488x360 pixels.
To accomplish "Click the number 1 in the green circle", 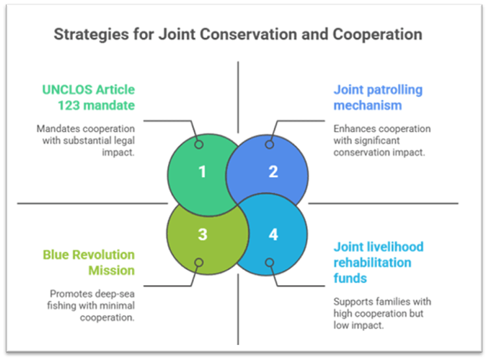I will tap(202, 172).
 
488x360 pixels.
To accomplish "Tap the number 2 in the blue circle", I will tap(273, 172).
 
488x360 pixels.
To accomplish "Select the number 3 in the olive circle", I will tap(202, 234).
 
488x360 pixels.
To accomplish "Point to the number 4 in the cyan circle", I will tap(273, 234).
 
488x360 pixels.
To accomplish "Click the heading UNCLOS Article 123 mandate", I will tap(89, 97).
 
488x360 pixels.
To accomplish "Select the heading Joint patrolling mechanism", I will tap(378, 97).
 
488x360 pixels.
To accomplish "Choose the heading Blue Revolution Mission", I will tap(89, 262).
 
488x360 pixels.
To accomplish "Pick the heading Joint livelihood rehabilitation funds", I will tap(379, 262).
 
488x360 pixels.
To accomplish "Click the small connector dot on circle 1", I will tap(199, 145).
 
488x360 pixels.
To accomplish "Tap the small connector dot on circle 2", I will tap(269, 145).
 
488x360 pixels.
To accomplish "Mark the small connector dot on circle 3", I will tap(199, 262).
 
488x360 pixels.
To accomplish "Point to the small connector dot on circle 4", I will tap(269, 262).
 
